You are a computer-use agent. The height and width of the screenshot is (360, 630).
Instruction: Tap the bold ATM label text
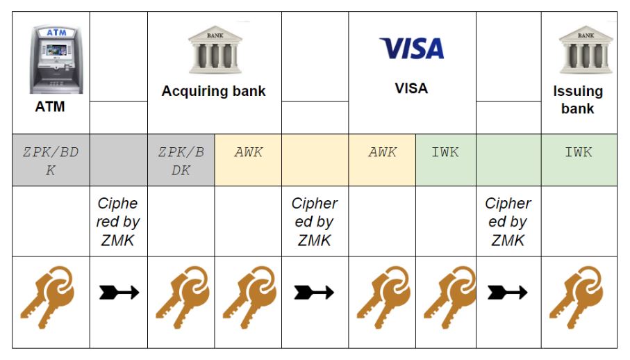[x=50, y=107]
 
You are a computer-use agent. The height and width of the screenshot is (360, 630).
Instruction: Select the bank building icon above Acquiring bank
[x=214, y=49]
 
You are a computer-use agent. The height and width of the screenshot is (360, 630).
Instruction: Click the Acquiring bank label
[x=214, y=91]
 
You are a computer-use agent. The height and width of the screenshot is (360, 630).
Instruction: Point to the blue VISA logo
[x=411, y=48]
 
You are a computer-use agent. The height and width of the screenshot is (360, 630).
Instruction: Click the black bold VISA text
[x=411, y=88]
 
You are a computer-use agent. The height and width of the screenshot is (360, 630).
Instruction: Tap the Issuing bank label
[x=578, y=99]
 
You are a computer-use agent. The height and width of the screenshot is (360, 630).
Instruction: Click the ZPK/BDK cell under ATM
[x=51, y=160]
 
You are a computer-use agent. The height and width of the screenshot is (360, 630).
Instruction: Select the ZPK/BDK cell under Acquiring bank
[x=181, y=160]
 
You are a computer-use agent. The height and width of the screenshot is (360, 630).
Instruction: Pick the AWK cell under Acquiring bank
[x=248, y=152]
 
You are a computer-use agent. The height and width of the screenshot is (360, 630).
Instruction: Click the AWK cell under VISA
[x=382, y=152]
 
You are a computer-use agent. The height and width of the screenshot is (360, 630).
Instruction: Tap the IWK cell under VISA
[x=445, y=152]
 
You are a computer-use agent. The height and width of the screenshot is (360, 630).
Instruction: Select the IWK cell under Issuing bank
[x=579, y=152]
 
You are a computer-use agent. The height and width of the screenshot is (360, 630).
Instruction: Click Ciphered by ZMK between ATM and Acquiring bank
[x=118, y=222]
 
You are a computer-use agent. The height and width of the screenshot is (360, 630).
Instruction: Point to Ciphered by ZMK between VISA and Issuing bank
[x=508, y=222]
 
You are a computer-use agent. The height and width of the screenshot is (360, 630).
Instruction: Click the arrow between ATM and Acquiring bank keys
[x=119, y=293]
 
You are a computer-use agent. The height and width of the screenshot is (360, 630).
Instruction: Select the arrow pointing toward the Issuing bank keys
[x=508, y=293]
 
